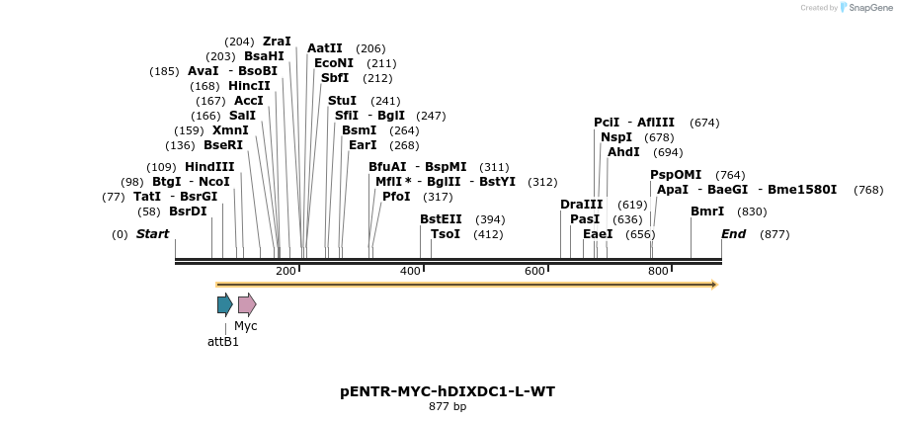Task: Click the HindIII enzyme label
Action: point(209,167)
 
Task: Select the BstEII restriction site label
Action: point(441,219)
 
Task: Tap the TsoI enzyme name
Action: point(446,234)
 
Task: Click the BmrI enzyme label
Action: point(707,211)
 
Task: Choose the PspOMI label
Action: point(676,175)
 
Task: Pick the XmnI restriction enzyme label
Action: point(230,130)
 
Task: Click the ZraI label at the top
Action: point(277,42)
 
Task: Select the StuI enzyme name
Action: point(342,101)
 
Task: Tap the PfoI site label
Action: point(396,197)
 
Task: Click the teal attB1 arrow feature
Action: point(225,304)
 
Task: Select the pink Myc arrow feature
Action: point(247,304)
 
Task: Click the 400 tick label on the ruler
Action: point(410,271)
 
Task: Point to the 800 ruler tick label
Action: point(658,271)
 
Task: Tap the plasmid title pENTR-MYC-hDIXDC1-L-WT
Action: point(448,391)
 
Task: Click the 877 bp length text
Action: point(448,406)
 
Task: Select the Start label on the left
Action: point(152,234)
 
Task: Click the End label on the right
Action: point(734,234)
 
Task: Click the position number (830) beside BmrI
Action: point(752,211)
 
